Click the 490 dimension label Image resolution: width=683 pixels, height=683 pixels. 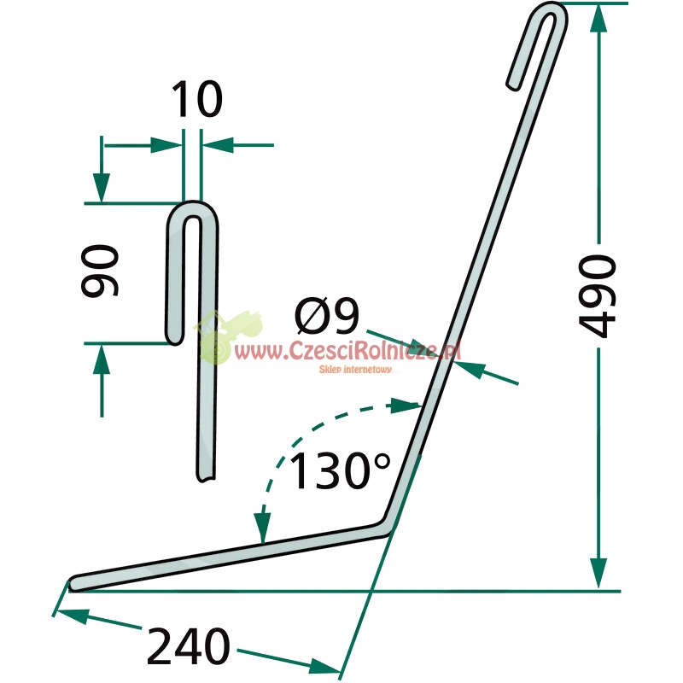(x=597, y=296)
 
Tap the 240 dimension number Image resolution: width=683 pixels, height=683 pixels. (x=189, y=646)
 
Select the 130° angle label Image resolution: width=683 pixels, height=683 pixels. (x=340, y=470)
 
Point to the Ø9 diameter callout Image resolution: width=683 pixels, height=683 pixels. (x=327, y=316)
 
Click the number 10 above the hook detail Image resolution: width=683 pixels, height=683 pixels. (x=197, y=99)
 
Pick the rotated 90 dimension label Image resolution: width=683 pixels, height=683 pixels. (x=100, y=271)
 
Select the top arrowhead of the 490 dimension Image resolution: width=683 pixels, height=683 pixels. (x=599, y=17)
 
